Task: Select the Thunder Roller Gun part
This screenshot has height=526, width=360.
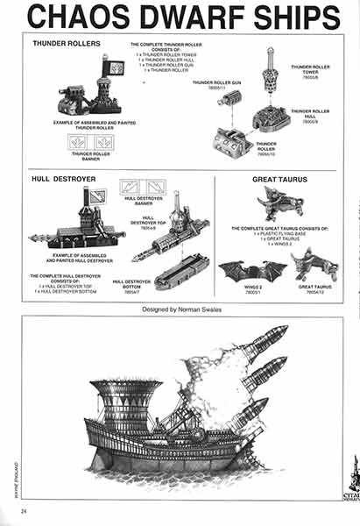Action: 230,99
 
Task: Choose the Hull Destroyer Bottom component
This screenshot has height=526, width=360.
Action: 180,271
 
